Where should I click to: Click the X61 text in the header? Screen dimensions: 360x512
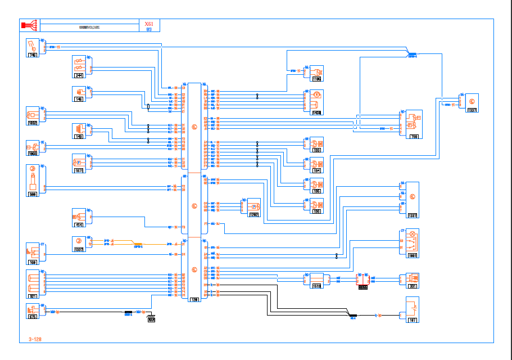pyautogui.click(x=148, y=24)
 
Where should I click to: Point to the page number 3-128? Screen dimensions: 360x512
pyautogui.click(x=35, y=339)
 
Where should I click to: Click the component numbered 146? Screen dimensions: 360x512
pyautogui.click(x=80, y=93)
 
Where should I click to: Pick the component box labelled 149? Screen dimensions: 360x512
pyautogui.click(x=80, y=130)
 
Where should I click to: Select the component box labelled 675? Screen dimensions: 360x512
pyautogui.click(x=33, y=312)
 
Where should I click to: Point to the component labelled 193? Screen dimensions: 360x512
pyautogui.click(x=317, y=145)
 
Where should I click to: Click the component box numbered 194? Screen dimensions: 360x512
pyautogui.click(x=317, y=164)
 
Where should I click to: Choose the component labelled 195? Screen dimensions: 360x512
pyautogui.click(x=317, y=186)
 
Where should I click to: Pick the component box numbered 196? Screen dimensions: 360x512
pyautogui.click(x=317, y=206)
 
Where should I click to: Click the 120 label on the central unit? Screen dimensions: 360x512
pyautogui.click(x=194, y=299)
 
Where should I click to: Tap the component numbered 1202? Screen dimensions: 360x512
pyautogui.click(x=253, y=207)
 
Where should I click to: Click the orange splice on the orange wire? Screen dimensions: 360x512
pyautogui.click(x=138, y=245)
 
